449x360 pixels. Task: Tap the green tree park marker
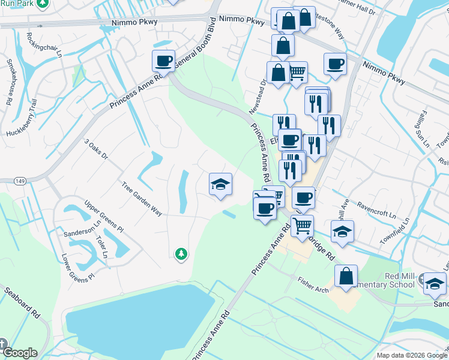coord(181,254)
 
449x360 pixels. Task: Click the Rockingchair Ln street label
coord(44,45)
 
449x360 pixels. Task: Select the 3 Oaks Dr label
coord(95,149)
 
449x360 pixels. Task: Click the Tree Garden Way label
coord(142,199)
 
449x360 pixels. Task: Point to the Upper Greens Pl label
coord(104,217)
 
